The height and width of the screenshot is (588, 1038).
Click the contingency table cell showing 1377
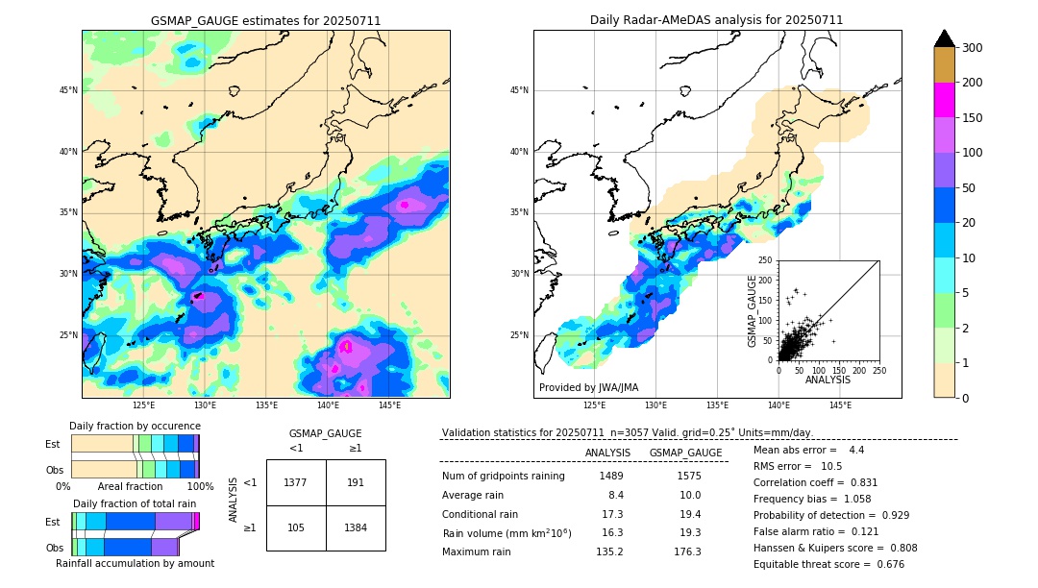click(x=295, y=482)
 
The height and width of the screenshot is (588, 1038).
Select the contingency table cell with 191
click(x=356, y=482)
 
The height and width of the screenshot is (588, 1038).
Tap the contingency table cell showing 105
click(x=295, y=527)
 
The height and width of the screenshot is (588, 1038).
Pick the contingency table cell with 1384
click(x=356, y=527)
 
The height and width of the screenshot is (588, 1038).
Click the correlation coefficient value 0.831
click(x=856, y=482)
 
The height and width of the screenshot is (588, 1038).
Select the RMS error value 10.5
click(x=831, y=466)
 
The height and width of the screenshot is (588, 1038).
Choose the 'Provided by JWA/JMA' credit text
click(x=588, y=387)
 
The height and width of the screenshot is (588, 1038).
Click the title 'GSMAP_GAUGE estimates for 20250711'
click(x=265, y=20)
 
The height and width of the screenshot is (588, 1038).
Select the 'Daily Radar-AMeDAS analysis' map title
click(x=717, y=20)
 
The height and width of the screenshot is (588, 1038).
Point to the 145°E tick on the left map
click(x=389, y=405)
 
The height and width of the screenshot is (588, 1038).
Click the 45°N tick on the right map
click(x=519, y=90)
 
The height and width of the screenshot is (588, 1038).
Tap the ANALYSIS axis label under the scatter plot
click(x=828, y=380)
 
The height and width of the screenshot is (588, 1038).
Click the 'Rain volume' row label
click(x=507, y=533)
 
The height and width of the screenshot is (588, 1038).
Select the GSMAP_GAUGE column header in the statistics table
click(x=685, y=453)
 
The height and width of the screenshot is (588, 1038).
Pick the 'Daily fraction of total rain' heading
click(x=135, y=503)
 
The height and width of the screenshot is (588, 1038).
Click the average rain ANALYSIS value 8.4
click(x=616, y=495)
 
